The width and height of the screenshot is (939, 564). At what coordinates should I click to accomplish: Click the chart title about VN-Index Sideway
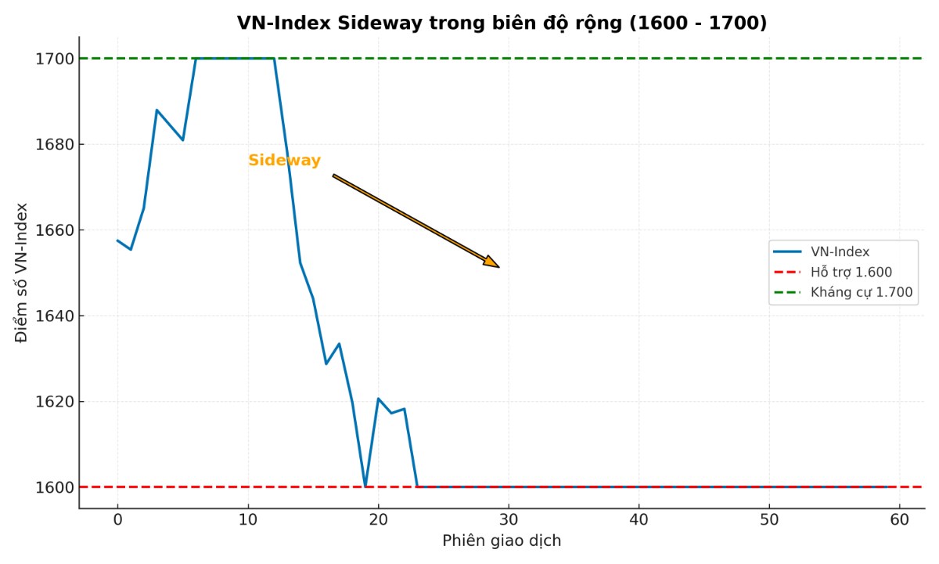502,23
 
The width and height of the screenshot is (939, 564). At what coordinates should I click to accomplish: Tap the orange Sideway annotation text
284,161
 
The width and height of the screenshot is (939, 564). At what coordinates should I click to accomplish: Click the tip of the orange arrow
498,267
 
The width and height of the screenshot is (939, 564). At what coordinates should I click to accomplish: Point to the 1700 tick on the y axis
54,59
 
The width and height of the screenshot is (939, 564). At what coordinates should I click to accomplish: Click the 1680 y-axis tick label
54,145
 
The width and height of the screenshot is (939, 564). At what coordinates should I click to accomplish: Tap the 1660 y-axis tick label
54,230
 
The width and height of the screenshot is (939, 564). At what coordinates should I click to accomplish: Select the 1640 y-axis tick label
54,316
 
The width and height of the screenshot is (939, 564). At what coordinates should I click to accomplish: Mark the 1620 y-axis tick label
54,402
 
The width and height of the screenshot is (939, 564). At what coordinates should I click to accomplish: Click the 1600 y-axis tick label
54,487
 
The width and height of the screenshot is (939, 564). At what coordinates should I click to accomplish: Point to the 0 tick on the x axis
117,519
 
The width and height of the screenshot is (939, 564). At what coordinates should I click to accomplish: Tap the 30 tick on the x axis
509,519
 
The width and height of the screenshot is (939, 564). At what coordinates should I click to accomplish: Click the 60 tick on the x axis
899,519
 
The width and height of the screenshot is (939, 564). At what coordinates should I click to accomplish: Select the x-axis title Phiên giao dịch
502,541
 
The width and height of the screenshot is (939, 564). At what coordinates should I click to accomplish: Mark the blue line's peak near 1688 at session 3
156,110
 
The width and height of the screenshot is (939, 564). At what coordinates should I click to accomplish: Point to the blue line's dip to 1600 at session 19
365,486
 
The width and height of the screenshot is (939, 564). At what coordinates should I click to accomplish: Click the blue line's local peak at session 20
378,399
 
